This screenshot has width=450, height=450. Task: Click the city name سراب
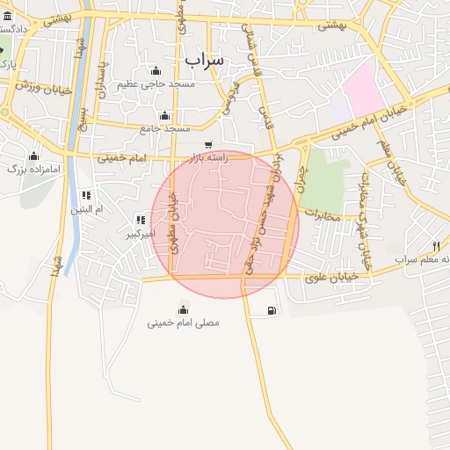205,58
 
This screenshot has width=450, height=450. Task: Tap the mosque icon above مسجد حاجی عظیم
156,71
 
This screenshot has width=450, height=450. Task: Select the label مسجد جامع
165,128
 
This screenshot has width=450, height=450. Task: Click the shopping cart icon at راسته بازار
208,145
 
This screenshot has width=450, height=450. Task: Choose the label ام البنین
86,210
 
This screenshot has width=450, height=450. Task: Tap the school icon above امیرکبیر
140,220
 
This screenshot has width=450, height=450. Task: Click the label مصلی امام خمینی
184,323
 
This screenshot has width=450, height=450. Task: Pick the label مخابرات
321,213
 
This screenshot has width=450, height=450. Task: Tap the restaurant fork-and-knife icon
436,245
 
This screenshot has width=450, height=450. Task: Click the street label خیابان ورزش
35,85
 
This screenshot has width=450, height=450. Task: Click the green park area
324,180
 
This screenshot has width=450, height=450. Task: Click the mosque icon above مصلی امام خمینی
184,308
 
